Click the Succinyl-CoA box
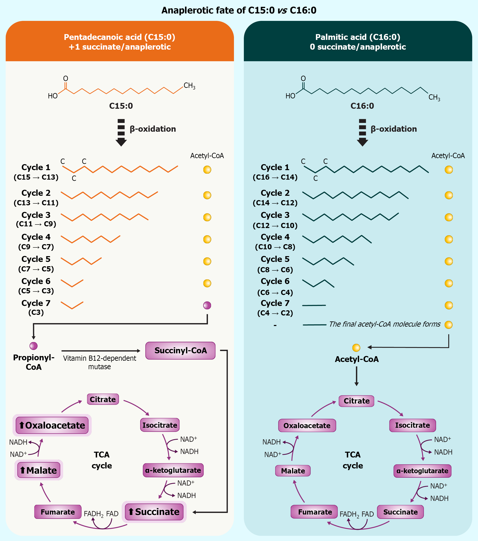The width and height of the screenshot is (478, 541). point(180,350)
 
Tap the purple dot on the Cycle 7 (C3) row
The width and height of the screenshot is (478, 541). point(207,305)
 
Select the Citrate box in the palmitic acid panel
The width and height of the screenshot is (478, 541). point(356,401)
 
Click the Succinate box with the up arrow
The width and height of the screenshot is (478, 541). point(154,512)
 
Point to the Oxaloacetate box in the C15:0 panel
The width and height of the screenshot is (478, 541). point(52,425)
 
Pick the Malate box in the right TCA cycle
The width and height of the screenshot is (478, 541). point(293,471)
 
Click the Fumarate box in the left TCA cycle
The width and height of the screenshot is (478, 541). point(58,512)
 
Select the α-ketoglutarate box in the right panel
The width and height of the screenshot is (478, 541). point(422,471)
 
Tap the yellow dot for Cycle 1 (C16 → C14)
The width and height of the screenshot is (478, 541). point(449,170)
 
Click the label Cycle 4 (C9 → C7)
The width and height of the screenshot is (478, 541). point(36,242)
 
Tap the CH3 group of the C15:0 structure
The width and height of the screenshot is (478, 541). point(189,86)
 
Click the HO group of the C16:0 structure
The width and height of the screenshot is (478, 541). point(290,96)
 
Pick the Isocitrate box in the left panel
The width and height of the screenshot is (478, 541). point(160,425)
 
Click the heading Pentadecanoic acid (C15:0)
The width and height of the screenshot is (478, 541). point(120,37)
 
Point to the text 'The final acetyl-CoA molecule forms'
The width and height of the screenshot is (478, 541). point(385,324)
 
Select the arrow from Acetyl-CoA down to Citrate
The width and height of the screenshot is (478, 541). point(356,376)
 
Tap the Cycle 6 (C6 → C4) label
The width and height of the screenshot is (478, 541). point(275,286)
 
